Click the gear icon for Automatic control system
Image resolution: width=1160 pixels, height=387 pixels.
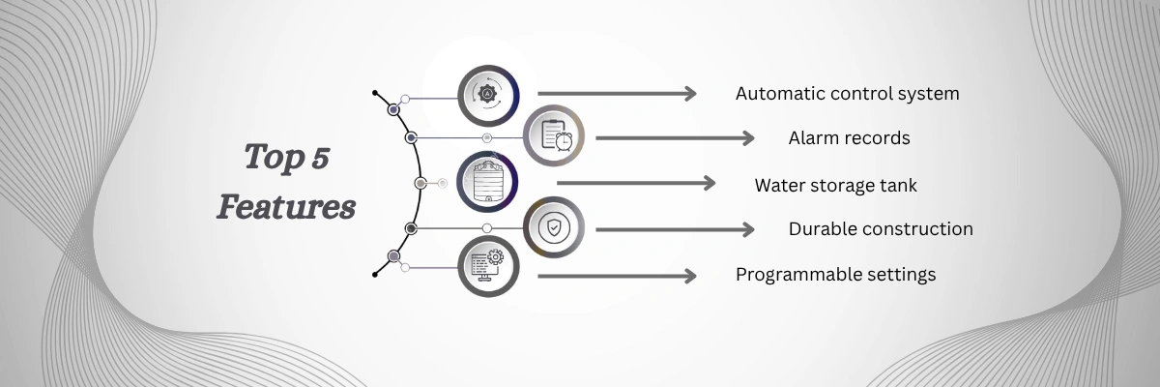(x=487, y=94)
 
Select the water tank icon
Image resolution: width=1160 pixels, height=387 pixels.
(x=487, y=183)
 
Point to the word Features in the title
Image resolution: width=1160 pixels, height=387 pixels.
(x=285, y=206)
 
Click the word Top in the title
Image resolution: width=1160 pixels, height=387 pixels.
(x=267, y=158)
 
